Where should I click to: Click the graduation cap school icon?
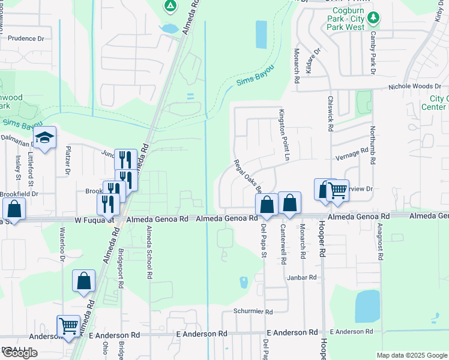coord(44,138)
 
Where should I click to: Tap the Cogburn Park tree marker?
coord(373,18)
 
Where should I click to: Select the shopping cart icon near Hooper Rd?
coord(337,191)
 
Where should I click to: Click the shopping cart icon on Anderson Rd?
coord(68,326)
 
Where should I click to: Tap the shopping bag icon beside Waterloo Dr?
coord(83,281)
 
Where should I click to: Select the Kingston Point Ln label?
coord(286,134)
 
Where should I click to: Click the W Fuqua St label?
coord(94,220)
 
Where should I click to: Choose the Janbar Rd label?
coord(301,277)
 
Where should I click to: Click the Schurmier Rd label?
coord(253,312)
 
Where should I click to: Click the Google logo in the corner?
coord(20,353)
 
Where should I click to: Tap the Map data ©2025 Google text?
coord(411,355)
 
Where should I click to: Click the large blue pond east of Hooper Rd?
coord(367,307)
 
